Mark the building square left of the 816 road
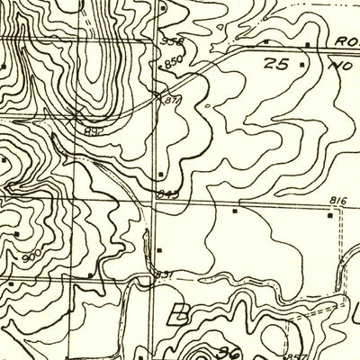235,211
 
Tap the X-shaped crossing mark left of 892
74,114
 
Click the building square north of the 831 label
159,247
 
